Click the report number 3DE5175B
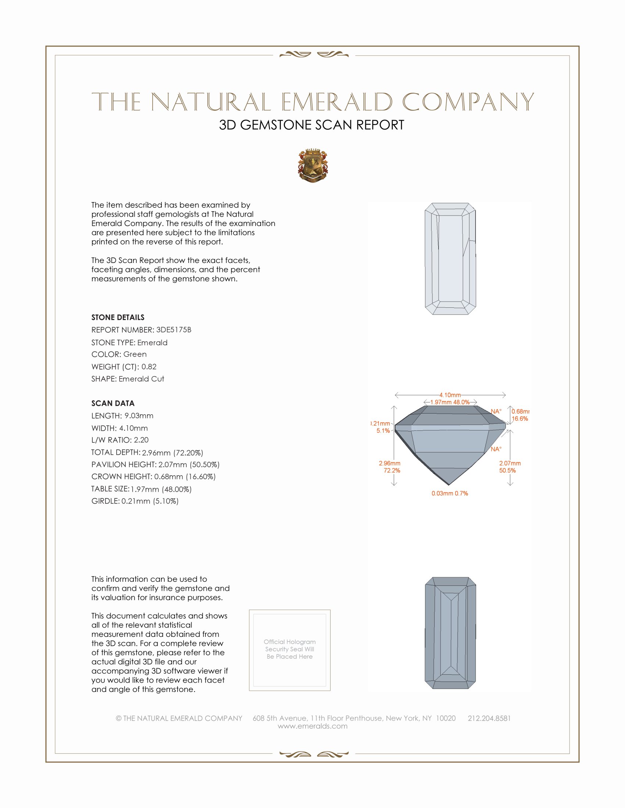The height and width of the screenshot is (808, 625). [174, 330]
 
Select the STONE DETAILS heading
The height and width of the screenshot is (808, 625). [118, 317]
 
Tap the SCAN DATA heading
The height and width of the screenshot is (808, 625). [113, 403]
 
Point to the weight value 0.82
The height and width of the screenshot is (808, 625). [149, 367]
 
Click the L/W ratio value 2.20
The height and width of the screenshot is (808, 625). [141, 440]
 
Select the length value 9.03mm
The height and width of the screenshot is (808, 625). [139, 415]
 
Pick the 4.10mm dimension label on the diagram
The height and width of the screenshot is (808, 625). [450, 395]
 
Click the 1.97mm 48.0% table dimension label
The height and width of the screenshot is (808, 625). [450, 402]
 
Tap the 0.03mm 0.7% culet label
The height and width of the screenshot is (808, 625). [450, 493]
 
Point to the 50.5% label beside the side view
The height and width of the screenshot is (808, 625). [507, 470]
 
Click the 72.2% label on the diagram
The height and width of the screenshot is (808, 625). [392, 470]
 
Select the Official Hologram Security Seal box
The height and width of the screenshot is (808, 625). [290, 650]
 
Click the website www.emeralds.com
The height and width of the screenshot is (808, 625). [312, 726]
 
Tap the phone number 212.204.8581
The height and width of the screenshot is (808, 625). [489, 718]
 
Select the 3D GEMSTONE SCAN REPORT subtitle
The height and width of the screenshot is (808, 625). [311, 125]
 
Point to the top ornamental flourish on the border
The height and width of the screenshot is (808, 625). [314, 55]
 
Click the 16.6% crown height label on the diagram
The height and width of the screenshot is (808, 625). [520, 419]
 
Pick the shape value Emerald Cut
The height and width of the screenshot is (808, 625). [142, 379]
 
